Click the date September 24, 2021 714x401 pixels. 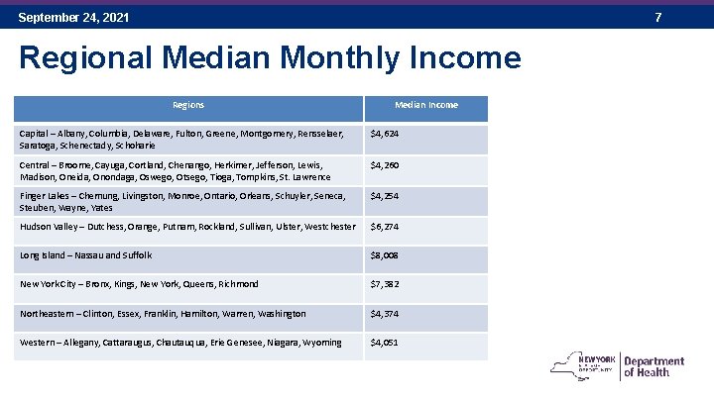tap(73, 18)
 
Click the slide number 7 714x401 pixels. tap(685, 18)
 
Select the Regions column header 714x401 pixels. tap(188, 105)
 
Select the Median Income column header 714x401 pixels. tap(426, 105)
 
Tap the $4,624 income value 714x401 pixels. tap(385, 134)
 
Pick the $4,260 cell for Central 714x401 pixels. tap(385, 165)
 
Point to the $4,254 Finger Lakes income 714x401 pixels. tap(385, 196)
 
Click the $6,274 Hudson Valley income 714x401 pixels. tap(385, 227)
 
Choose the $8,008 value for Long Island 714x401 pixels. tap(385, 255)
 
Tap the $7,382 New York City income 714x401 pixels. tap(385, 284)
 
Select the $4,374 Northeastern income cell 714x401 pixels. tap(385, 314)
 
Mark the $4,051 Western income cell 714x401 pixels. tap(385, 343)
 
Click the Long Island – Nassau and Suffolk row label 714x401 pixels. tap(86, 255)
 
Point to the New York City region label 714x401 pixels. tap(139, 284)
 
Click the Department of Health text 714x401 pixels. tap(654, 366)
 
